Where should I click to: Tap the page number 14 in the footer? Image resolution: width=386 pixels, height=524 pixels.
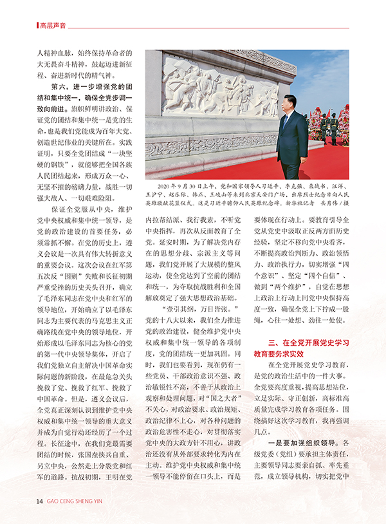coord(39,501)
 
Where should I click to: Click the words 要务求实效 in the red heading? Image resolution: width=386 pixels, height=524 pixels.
coord(289,352)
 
